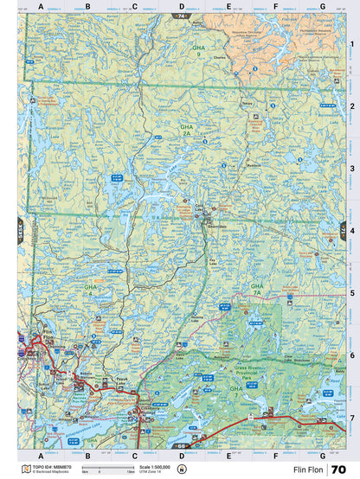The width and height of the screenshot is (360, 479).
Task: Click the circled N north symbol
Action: [x=181, y=469]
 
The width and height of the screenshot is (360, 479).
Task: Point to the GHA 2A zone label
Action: [x=185, y=131]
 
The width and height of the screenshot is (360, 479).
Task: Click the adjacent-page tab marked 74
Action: [x=180, y=16]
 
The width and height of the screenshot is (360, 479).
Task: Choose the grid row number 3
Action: [x=351, y=169]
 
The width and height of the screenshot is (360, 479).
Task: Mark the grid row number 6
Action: [x=351, y=355]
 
